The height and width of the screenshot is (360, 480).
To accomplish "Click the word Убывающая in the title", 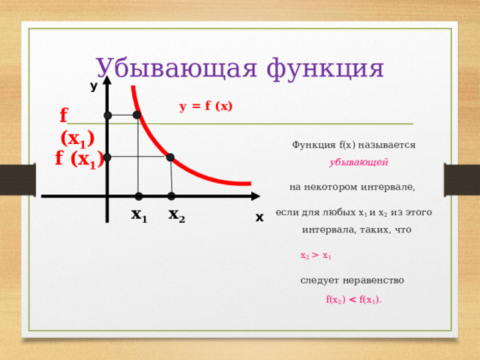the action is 176,68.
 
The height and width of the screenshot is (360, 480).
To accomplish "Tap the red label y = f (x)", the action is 205,106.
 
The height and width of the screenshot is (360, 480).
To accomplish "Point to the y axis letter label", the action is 94,87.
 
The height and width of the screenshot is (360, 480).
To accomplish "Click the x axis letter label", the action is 259,217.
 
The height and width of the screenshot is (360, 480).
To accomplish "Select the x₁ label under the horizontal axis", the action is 139,215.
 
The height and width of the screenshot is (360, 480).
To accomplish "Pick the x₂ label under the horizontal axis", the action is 177,215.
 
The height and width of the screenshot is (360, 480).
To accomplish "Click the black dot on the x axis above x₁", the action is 139,196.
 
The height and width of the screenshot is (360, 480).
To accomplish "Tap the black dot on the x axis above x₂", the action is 172,196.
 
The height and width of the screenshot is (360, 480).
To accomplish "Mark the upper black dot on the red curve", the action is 136,115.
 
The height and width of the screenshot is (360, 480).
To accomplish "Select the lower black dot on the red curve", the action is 170,157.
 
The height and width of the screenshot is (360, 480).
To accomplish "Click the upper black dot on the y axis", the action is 108,115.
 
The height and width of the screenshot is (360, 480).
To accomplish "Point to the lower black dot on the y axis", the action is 107,157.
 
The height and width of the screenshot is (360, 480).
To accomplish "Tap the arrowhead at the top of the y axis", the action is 106,80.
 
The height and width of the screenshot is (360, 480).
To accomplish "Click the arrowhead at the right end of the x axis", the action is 256,196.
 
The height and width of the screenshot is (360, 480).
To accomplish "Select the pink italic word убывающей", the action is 358,162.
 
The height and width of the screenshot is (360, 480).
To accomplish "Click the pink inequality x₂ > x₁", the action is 316,256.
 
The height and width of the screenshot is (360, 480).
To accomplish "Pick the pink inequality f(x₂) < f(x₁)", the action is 354,300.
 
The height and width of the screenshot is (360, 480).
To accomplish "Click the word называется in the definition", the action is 387,145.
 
